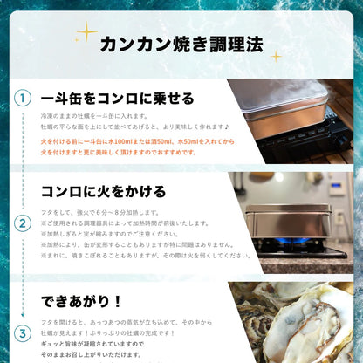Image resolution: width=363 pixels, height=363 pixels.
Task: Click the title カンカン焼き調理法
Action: coord(181,45)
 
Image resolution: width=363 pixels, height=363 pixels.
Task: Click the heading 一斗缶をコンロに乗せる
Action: coord(117,98)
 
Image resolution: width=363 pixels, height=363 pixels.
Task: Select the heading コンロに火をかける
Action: coord(104,191)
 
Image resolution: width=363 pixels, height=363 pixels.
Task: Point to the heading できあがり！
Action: coord(84,302)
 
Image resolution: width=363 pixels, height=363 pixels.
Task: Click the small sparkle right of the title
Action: coord(276,56)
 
